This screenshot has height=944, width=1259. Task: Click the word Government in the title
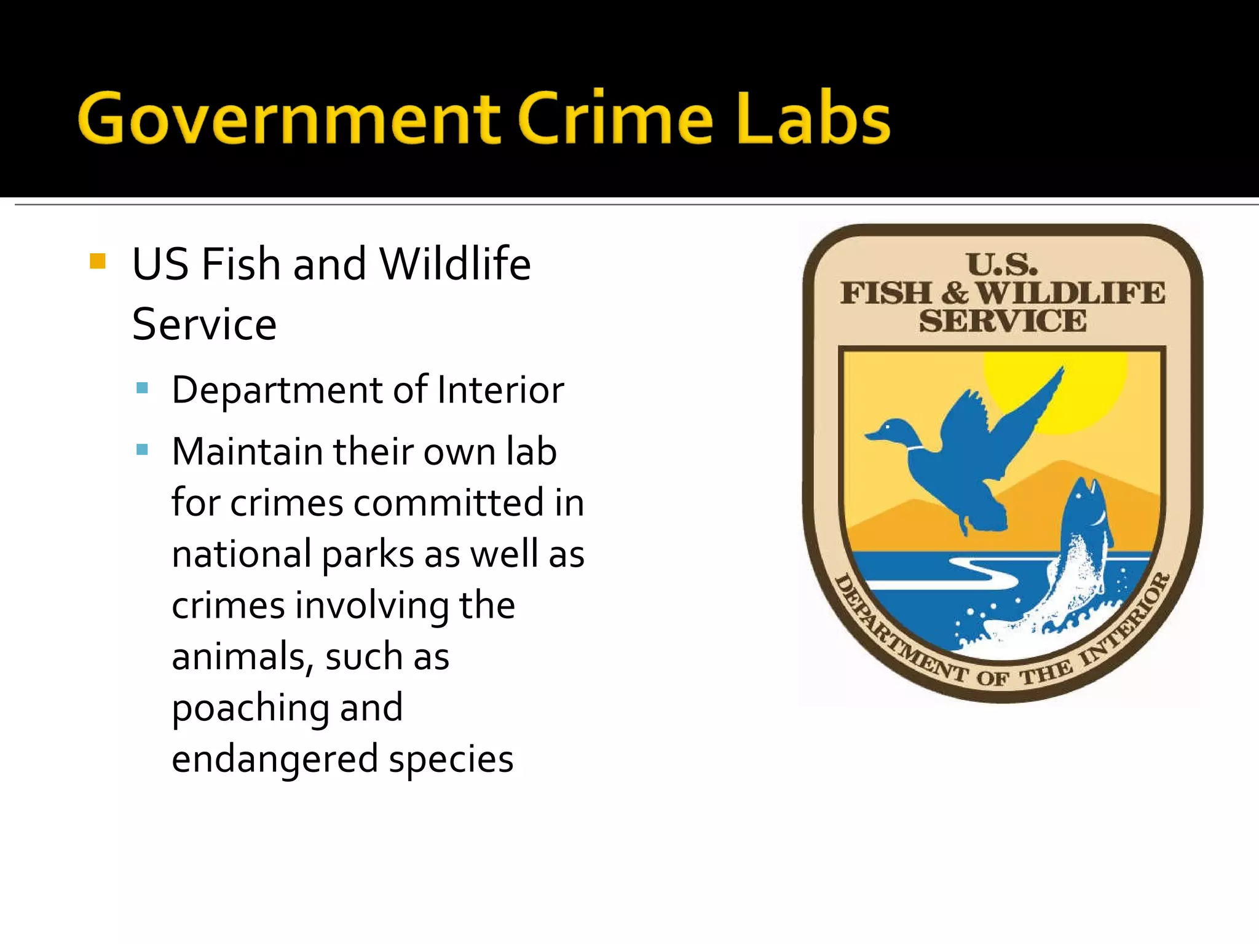point(289,118)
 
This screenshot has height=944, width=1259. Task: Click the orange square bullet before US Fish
point(98,262)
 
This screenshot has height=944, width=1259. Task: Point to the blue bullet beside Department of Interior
point(142,388)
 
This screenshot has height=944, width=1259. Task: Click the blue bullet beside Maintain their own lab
point(142,449)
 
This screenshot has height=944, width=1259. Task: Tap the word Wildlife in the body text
point(455,264)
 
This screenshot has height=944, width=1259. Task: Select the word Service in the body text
point(204,324)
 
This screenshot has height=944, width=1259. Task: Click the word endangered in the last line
point(274,759)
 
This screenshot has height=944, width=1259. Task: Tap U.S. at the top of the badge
point(1002,265)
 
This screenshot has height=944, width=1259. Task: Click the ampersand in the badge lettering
point(955,293)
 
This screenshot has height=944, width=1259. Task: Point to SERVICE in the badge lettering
point(1003,321)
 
